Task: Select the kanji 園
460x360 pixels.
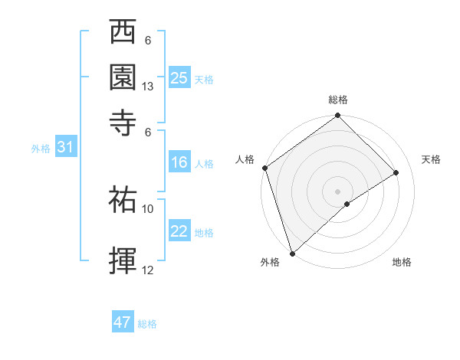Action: [x=124, y=77]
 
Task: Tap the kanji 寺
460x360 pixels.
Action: [x=124, y=120]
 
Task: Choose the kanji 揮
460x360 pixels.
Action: [x=124, y=260]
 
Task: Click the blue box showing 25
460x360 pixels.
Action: [x=179, y=78]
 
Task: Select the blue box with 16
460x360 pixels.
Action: [x=179, y=162]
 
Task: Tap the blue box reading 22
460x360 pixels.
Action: [x=179, y=232]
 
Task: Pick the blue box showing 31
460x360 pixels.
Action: [x=66, y=148]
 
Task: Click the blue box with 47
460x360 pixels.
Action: [x=123, y=322]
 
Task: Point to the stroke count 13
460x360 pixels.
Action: [x=149, y=87]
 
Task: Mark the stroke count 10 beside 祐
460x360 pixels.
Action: [x=148, y=208]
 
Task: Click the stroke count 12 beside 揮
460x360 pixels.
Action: [x=148, y=270]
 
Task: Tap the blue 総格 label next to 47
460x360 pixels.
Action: [x=147, y=324]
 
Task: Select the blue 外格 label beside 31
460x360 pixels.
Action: [x=41, y=149]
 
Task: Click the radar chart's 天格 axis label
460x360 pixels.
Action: [x=431, y=159]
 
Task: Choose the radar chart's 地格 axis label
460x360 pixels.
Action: [x=402, y=263]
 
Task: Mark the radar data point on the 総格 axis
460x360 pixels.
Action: [x=337, y=116]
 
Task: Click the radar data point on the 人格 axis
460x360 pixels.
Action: [x=264, y=168]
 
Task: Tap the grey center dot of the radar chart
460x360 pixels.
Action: [x=337, y=191]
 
